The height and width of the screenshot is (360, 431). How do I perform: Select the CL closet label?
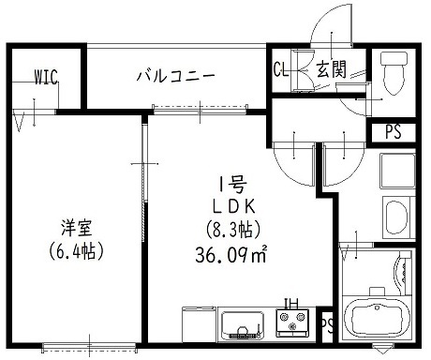280,68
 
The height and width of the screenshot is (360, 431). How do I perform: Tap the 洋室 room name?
73,228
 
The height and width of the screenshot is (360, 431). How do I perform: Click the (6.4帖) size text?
73,250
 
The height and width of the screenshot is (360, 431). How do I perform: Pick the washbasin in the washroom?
391,221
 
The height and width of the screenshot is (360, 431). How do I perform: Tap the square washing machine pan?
393,173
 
